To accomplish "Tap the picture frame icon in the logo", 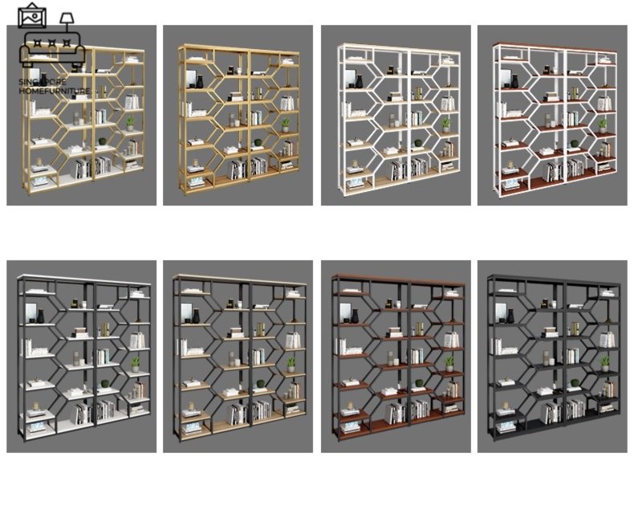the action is (32, 15).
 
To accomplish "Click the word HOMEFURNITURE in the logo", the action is (55, 91).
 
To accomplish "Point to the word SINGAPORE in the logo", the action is (43, 82).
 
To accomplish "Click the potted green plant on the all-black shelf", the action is (604, 364).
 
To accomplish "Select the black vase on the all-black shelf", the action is (510, 316).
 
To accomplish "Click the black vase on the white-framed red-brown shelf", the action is (514, 81).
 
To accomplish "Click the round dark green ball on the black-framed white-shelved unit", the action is (104, 383).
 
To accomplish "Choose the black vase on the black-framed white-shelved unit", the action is (40, 316).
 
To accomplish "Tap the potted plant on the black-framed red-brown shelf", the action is (449, 364).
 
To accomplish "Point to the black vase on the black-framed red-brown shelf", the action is (355, 316).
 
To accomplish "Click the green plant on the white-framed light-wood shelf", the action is (445, 125).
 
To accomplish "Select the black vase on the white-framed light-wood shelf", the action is (359, 81).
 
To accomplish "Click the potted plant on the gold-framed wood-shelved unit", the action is (286, 125).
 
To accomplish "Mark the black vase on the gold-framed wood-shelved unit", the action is (200, 82).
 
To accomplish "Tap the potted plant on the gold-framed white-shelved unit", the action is (130, 124).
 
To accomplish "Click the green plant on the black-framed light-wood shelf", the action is (291, 365).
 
